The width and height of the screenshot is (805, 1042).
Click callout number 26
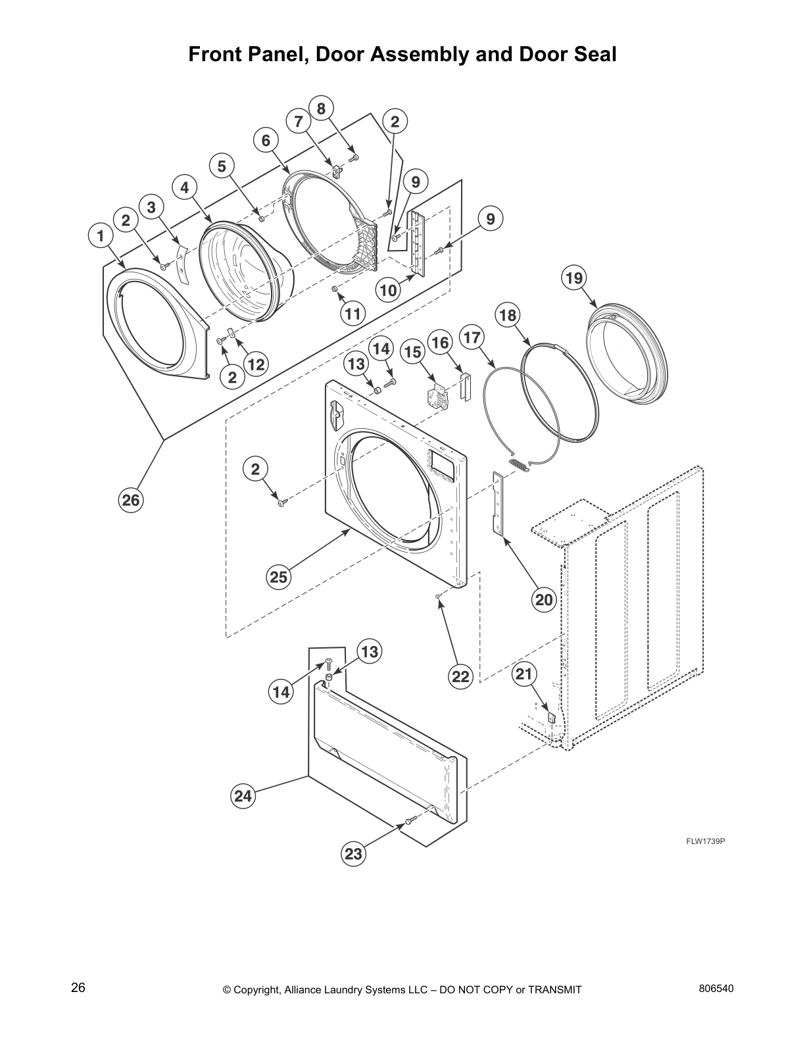point(130,501)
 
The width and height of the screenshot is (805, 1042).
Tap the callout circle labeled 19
point(574,278)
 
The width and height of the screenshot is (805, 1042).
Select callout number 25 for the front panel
point(279,577)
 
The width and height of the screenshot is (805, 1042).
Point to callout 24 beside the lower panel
point(243,796)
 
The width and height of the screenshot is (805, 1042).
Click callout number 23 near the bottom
point(353,854)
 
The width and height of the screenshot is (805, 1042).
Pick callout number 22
point(460,676)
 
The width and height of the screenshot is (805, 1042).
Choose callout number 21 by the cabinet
point(524,674)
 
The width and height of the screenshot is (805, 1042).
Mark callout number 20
point(545,599)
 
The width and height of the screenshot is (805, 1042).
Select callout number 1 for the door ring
point(100,235)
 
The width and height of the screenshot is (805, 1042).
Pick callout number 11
point(353,314)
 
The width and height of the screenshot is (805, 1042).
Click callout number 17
point(472,337)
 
